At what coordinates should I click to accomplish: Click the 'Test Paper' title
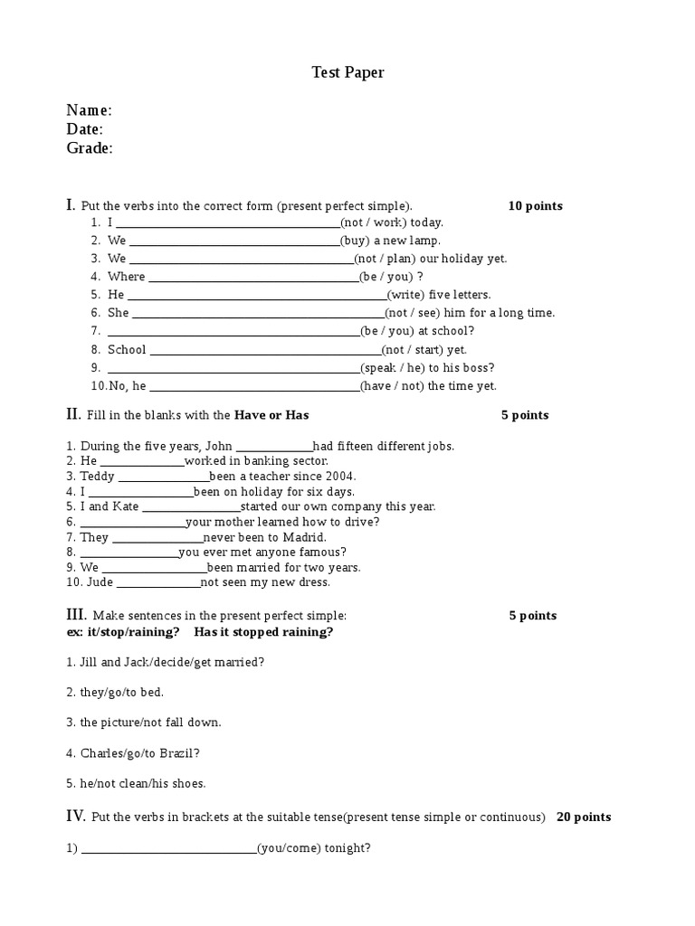point(347,72)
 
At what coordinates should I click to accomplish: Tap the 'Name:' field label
point(89,110)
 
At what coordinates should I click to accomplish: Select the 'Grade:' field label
point(90,148)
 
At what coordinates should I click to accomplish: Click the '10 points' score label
point(535,206)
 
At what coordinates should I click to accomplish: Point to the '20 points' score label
point(584,817)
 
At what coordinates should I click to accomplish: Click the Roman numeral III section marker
point(75,615)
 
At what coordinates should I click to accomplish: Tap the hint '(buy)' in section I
point(355,241)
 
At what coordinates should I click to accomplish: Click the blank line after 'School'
point(263,350)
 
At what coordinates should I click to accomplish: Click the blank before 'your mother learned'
point(132,522)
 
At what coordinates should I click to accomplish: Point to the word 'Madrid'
point(305,537)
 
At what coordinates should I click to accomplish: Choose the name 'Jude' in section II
point(100,582)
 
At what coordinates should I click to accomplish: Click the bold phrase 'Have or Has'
point(271,416)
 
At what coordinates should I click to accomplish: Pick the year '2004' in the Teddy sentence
point(341,477)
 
